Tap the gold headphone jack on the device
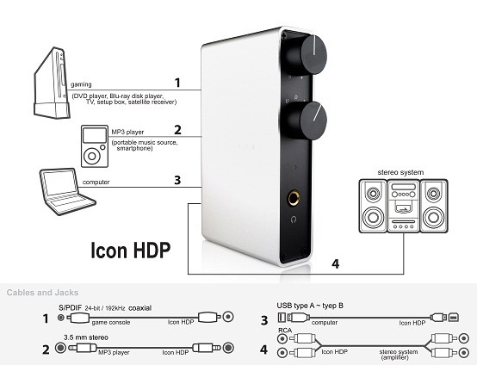point(294,198)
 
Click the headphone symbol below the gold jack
point(294,219)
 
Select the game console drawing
point(52,83)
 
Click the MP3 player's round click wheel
point(92,156)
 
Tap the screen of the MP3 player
point(95,135)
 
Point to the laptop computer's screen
point(60,182)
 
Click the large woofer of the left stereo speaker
point(373,217)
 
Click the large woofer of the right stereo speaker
point(433,217)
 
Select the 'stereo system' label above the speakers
point(400,172)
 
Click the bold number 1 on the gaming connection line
point(177,83)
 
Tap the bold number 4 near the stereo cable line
point(335,263)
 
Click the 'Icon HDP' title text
point(131,251)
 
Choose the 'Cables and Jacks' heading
point(42,293)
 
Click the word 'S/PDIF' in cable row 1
point(70,308)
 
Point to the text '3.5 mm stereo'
point(86,337)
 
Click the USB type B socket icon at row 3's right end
point(453,318)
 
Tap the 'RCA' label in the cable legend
point(285,331)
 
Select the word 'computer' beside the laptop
point(96,182)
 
